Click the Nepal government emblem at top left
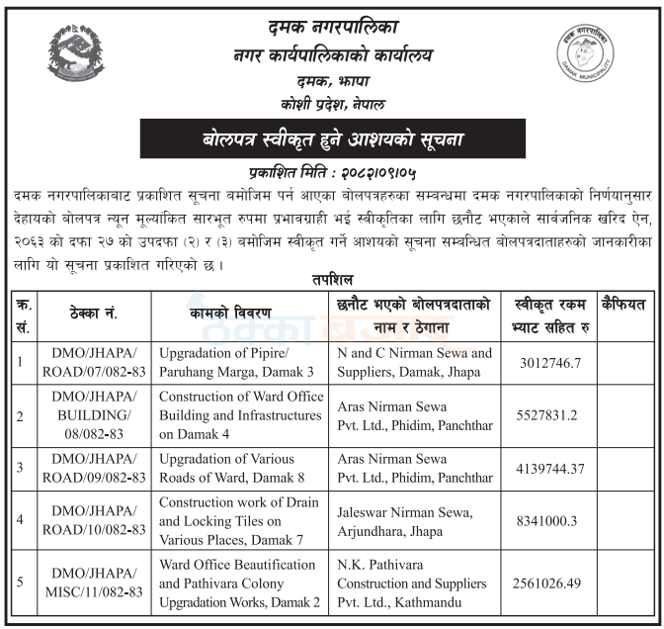click(x=75, y=56)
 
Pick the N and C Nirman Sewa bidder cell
click(x=414, y=362)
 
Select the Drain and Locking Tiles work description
click(x=238, y=519)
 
